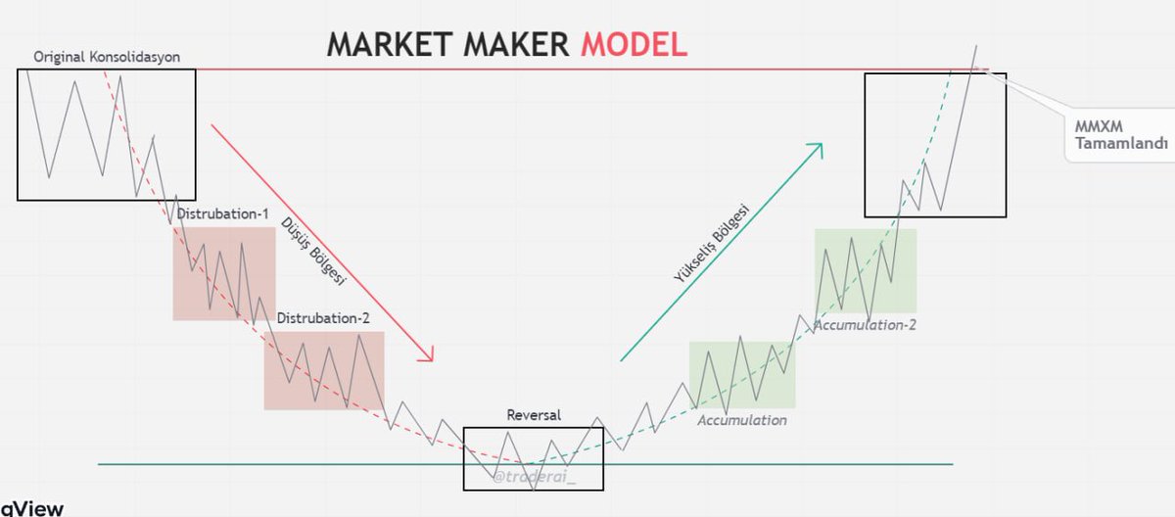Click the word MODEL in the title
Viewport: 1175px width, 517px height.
coord(633,43)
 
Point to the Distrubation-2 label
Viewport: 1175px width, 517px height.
coord(323,319)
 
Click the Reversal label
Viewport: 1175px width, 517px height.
coord(534,415)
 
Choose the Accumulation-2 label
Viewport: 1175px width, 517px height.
coord(866,324)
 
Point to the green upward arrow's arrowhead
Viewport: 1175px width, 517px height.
coord(816,149)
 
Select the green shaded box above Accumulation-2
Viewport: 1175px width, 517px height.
coord(866,270)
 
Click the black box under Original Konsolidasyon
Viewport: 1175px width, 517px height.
coord(106,135)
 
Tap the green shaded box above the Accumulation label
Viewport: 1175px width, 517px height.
coord(742,374)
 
